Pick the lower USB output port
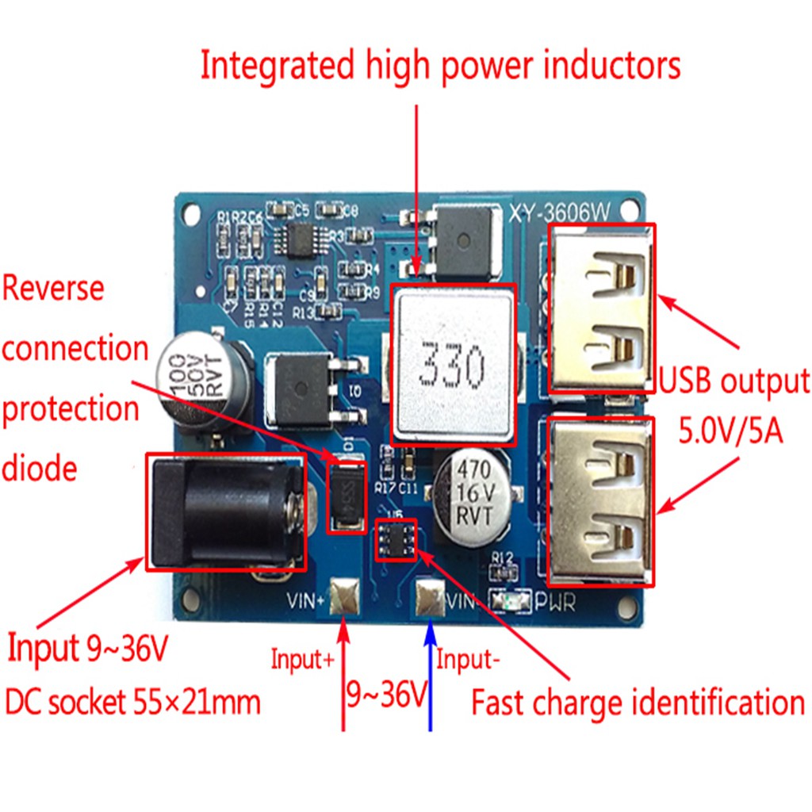pyautogui.click(x=601, y=501)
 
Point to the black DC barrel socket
pyautogui.click(x=225, y=511)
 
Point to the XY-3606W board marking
pyautogui.click(x=561, y=213)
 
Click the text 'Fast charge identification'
pyautogui.click(x=638, y=703)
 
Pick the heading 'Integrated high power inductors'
pyautogui.click(x=440, y=66)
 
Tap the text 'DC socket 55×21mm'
pyautogui.click(x=133, y=702)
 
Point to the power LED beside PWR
pyautogui.click(x=511, y=602)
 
